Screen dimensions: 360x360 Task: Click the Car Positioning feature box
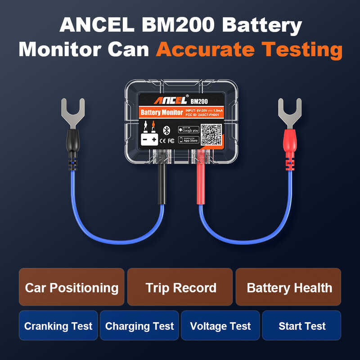[72, 287]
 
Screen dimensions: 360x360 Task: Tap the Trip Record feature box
[180, 287]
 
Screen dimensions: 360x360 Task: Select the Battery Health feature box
[288, 287]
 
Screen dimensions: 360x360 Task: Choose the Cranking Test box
[58, 325]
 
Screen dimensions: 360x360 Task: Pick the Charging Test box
[139, 325]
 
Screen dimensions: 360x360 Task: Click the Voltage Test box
[220, 325]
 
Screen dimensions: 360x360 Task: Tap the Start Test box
[301, 325]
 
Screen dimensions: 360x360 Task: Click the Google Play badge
[189, 129]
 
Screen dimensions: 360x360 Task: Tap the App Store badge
[189, 140]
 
